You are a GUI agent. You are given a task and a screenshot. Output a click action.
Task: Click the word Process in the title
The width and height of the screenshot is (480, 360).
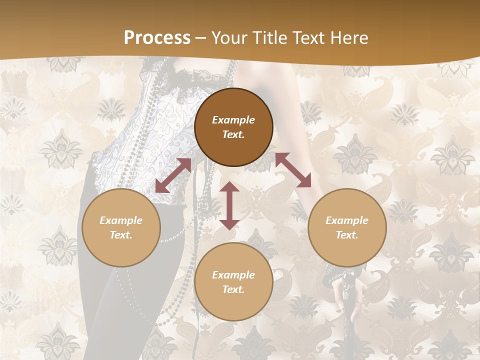[x=157, y=38]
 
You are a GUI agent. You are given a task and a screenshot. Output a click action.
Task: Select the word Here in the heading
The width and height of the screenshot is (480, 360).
[x=347, y=38]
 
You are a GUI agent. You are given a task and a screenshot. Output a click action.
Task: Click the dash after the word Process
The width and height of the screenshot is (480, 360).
[x=200, y=38]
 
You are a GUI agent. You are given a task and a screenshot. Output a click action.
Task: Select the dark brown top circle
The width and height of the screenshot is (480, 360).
[x=233, y=127]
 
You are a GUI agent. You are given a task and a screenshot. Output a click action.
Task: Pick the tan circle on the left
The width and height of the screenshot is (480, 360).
[x=121, y=227]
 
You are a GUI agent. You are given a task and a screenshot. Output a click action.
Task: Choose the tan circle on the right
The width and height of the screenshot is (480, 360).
[x=346, y=227]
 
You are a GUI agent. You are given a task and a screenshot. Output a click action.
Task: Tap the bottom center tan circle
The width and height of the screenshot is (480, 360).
[x=233, y=281]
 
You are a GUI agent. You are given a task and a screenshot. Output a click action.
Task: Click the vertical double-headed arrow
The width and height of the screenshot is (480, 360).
[x=229, y=205]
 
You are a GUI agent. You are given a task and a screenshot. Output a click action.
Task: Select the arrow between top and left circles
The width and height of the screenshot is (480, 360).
[x=173, y=175]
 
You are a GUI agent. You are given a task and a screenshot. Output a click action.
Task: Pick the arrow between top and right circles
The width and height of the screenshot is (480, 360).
[x=293, y=170]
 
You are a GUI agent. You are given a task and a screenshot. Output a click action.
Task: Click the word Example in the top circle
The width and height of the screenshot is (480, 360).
[x=233, y=120]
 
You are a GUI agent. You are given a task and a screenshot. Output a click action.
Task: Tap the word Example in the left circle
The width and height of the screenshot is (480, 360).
[x=121, y=220]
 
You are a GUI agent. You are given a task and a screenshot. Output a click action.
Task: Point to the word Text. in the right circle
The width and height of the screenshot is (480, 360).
[x=346, y=235]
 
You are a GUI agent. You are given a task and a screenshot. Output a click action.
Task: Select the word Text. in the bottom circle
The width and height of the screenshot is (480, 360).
[x=233, y=289]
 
